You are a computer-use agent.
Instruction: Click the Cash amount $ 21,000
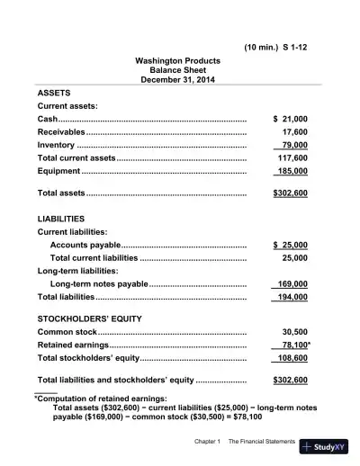click(x=289, y=119)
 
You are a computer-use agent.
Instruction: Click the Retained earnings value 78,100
click(x=293, y=345)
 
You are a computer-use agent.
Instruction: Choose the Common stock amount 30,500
click(x=294, y=332)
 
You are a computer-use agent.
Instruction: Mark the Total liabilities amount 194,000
click(x=292, y=297)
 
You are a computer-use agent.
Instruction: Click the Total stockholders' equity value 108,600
click(x=292, y=358)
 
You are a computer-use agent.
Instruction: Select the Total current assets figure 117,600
click(x=292, y=157)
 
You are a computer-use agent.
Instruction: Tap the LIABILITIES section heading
click(x=61, y=219)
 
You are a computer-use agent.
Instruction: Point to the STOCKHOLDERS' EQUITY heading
click(x=89, y=318)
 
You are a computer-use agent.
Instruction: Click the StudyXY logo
click(x=328, y=447)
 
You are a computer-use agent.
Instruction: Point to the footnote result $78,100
click(x=243, y=417)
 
